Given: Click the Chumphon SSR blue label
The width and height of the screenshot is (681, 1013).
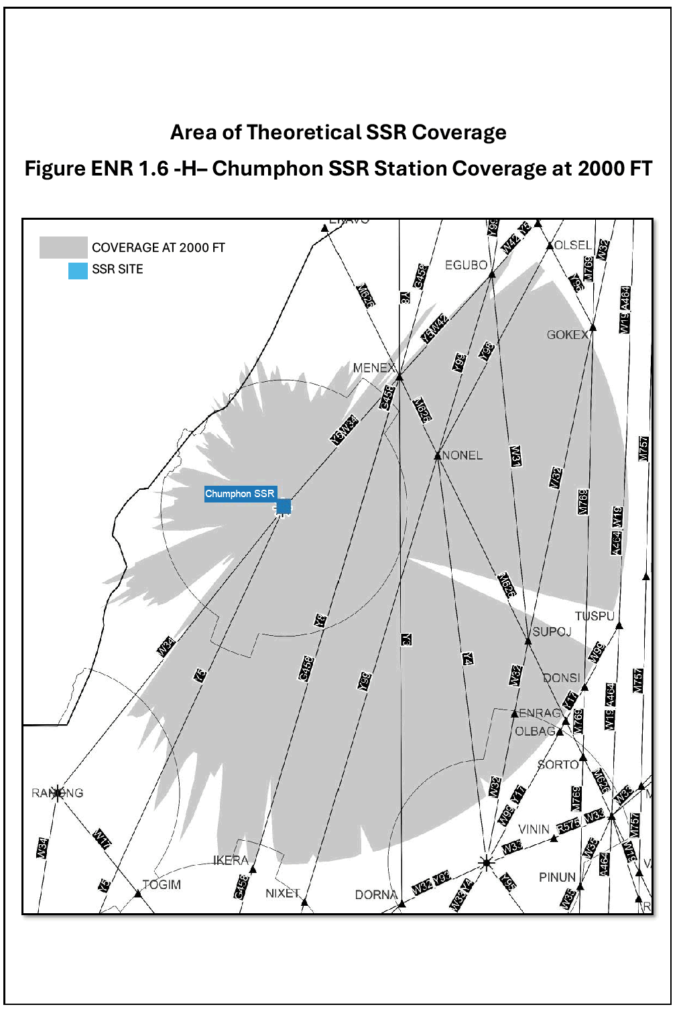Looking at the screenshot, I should coord(239,494).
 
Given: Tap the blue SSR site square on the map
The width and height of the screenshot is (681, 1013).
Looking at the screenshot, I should coord(284,506).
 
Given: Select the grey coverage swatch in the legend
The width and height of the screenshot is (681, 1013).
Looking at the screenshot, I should coord(63,247).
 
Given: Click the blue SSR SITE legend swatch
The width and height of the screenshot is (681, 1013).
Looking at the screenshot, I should coord(78,270).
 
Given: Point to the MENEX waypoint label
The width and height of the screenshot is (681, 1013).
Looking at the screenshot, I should coord(374,368).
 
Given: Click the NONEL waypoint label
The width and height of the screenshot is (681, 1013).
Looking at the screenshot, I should coord(462,456).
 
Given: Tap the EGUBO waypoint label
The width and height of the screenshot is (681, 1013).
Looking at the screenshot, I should coord(466,265).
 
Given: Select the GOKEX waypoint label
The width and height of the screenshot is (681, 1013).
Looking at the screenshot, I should coord(567,334).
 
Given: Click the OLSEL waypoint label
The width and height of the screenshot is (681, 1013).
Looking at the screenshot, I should coord(573,245).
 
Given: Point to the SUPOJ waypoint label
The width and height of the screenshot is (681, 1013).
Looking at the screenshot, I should coord(552,632).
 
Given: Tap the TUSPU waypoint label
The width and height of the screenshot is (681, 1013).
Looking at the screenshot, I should coord(594,616).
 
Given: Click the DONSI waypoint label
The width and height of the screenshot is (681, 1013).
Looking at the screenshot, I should coord(561,678).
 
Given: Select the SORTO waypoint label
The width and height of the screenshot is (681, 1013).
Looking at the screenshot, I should coord(558,764).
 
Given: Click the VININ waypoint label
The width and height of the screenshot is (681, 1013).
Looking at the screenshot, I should coord(534,829).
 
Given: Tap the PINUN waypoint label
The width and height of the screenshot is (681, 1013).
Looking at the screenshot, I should coord(557,877).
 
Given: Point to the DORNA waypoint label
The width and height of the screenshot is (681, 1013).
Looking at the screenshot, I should coord(376,895).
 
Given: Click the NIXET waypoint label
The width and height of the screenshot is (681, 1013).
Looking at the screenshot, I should coord(282,893).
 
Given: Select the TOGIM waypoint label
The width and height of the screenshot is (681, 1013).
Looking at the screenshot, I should coord(162,884).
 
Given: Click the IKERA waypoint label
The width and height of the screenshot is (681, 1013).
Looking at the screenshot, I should coord(231,860).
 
